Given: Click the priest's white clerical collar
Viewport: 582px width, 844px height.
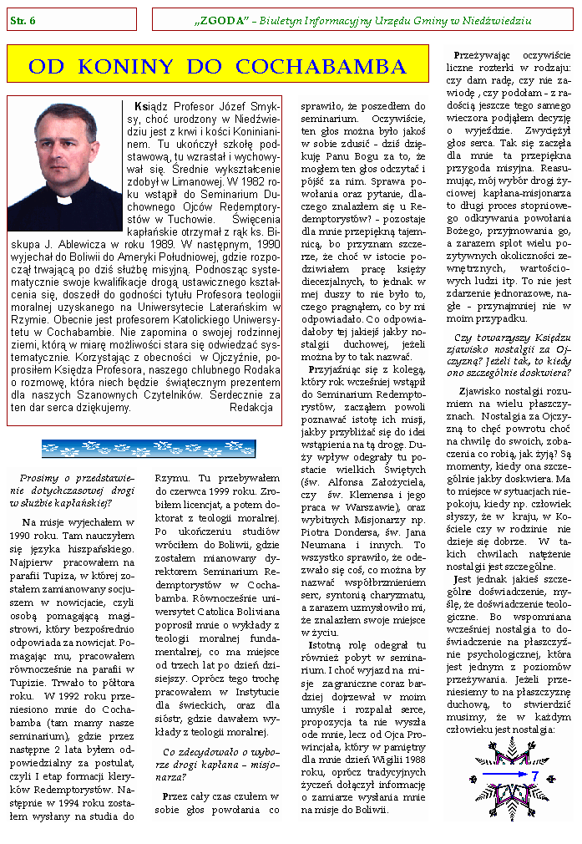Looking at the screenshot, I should (x=64, y=201).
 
